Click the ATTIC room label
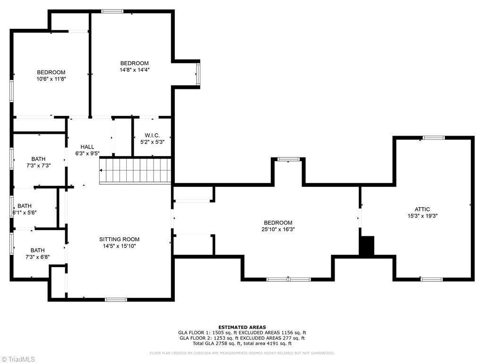pyautogui.click(x=422, y=209)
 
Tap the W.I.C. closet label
pyautogui.click(x=152, y=135)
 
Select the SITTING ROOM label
pyautogui.click(x=119, y=239)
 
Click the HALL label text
pyautogui.click(x=87, y=147)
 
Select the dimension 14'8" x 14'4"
pyautogui.click(x=134, y=70)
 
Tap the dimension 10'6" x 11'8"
pyautogui.click(x=51, y=79)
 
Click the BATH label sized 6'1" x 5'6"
pyautogui.click(x=25, y=206)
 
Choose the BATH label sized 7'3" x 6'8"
pyautogui.click(x=38, y=250)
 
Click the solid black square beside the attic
pyautogui.click(x=366, y=246)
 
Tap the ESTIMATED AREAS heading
pyautogui.click(x=242, y=327)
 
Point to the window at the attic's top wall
pyautogui.click(x=433, y=138)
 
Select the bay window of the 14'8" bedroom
pyautogui.click(x=198, y=74)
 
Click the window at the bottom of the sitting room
pyautogui.click(x=116, y=299)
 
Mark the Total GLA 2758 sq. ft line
pyautogui.click(x=242, y=344)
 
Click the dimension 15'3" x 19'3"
pyautogui.click(x=422, y=216)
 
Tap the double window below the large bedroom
pyautogui.click(x=288, y=279)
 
